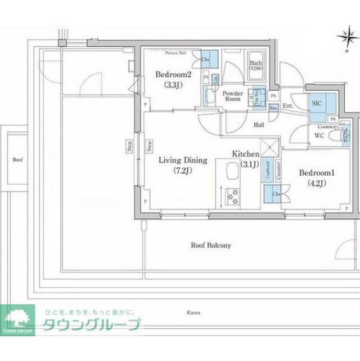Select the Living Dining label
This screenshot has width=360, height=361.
pyautogui.click(x=182, y=161)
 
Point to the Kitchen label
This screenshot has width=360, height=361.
pyautogui.click(x=246, y=154)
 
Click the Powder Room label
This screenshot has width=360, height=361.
pyautogui.click(x=232, y=95)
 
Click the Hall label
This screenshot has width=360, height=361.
pyautogui.click(x=259, y=124)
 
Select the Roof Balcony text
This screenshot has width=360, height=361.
pyautogui.click(x=211, y=246)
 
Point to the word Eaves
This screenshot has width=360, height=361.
pyautogui.click(x=195, y=311)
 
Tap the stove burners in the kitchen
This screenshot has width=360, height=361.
pyautogui.click(x=232, y=196)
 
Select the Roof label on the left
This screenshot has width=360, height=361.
pyautogui.click(x=18, y=160)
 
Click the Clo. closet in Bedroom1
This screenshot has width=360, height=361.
pyautogui.click(x=275, y=194)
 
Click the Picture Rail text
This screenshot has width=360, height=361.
pyautogui.click(x=175, y=52)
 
